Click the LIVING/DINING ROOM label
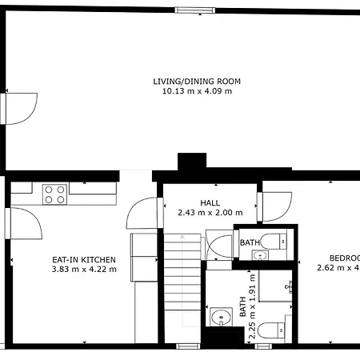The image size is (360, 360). [197, 82]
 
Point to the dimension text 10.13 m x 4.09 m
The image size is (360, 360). [197, 91]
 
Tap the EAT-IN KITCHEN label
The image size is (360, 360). [84, 260]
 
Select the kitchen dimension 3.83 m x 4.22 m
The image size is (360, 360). [84, 270]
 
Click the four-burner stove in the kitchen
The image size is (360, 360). [54, 194]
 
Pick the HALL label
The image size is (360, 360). [210, 203]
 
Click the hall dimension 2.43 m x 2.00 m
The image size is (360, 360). [210, 213]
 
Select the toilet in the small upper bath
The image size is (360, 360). [276, 240]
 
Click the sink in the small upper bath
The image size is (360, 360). [259, 256]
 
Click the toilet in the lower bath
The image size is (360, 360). [272, 328]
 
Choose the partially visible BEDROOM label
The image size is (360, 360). [344, 258]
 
